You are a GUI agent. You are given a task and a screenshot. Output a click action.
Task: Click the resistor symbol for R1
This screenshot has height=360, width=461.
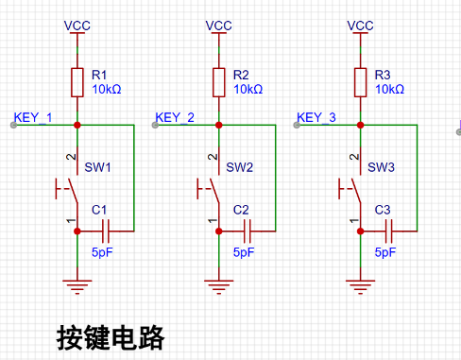pos(77,82)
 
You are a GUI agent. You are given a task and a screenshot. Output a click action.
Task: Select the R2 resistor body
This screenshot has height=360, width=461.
pos(219,82)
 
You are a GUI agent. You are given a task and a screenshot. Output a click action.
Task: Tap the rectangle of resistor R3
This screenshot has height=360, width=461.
pos(361,82)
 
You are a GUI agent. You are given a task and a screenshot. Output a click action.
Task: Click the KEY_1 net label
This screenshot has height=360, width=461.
pos(33,117)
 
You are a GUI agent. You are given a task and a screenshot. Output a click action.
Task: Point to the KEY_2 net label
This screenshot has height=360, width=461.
pos(175,117)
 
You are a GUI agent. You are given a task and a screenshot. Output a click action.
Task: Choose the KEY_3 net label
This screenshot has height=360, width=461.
pos(316,117)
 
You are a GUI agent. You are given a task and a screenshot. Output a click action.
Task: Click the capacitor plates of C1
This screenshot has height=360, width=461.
pos(106,231)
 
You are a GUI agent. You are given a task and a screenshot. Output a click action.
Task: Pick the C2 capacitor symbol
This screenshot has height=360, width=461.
pos(248,231)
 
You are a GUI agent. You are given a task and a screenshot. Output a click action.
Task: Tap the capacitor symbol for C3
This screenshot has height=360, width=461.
pos(389,231)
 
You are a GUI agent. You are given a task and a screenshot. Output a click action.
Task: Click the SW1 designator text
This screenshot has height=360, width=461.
pos(97,167)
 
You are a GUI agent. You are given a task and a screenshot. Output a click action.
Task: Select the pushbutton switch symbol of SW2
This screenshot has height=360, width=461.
pos(209,189)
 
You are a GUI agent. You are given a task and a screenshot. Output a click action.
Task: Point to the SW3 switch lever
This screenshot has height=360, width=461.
pos(356,191)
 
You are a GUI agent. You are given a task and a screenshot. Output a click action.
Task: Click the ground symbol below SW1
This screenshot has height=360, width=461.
pos(77,286)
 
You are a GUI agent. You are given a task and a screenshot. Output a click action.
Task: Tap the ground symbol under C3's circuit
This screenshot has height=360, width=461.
pos(361,286)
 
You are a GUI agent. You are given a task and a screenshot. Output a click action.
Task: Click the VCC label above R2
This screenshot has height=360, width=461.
pos(219,26)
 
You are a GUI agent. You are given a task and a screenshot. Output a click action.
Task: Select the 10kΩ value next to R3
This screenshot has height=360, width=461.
pos(389,90)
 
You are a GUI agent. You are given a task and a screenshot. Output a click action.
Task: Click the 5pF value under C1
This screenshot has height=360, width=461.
pos(102,252)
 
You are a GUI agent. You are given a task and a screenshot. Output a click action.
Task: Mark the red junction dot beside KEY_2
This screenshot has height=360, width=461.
pos(219,125)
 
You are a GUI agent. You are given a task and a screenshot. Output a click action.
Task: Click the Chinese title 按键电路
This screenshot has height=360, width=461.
pos(111,338)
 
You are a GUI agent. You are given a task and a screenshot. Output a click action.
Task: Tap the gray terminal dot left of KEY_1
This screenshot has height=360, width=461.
pos(13,125)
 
